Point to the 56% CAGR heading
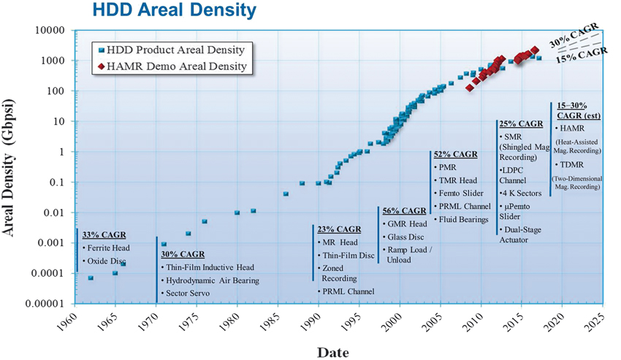click(x=404, y=211)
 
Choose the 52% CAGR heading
click(x=455, y=155)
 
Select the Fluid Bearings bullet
click(x=464, y=219)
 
